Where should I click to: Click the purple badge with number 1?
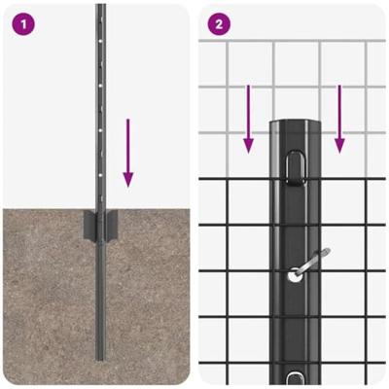(x=23, y=24)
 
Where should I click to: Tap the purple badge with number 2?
(x=219, y=24)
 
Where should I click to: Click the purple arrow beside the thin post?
(x=128, y=153)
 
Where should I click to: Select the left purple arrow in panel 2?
(x=248, y=119)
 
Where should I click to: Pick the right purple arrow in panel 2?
(x=339, y=119)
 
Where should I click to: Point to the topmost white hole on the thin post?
(x=101, y=42)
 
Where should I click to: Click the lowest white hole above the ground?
(x=101, y=175)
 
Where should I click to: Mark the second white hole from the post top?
(x=101, y=86)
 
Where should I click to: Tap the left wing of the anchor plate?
(x=90, y=225)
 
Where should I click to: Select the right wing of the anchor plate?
(x=111, y=225)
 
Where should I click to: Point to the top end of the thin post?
(x=101, y=5)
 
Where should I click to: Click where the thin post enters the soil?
(x=101, y=209)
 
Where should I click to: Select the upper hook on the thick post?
(x=296, y=169)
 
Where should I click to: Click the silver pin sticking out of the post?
(x=312, y=262)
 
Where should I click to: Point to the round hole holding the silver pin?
(x=295, y=276)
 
